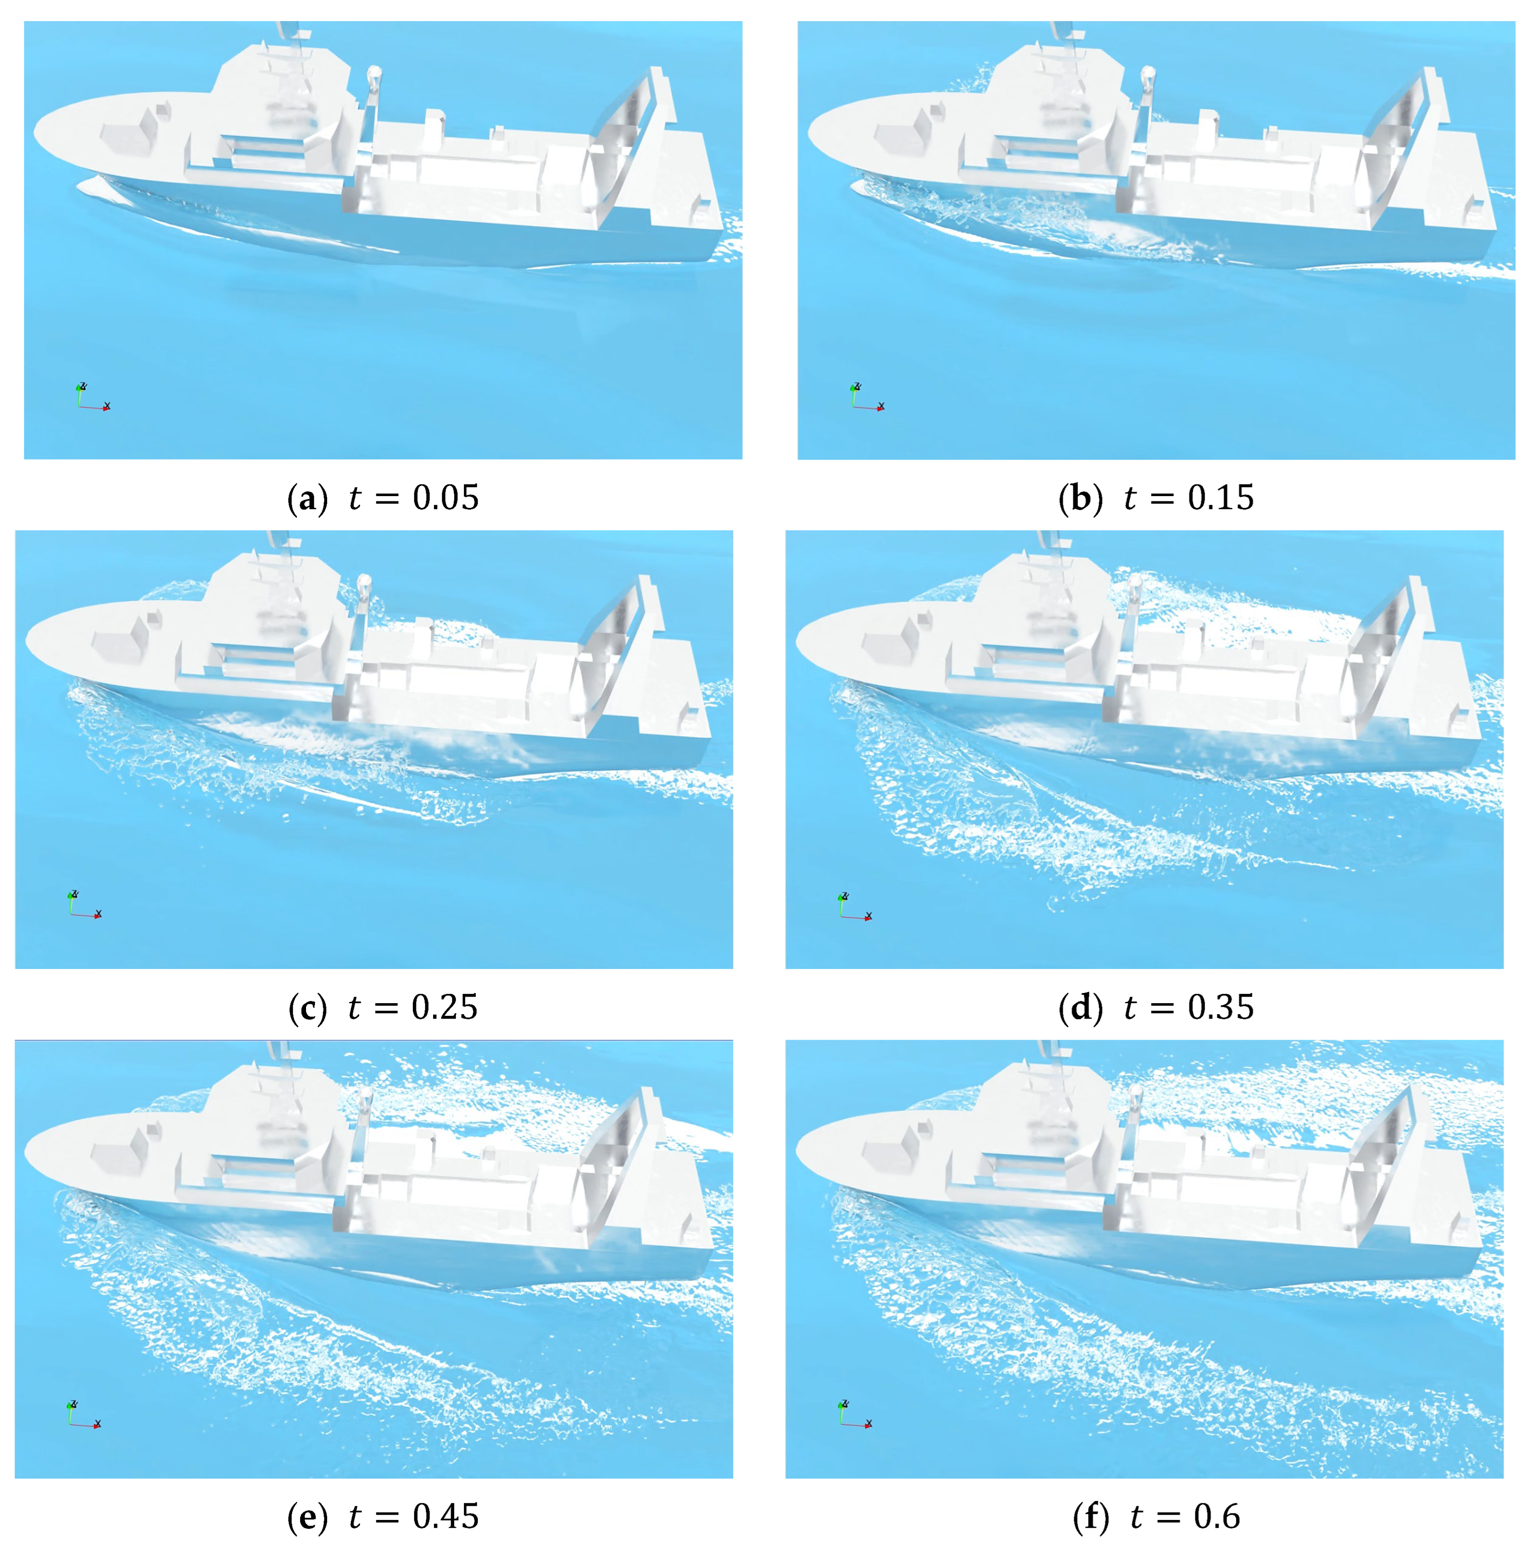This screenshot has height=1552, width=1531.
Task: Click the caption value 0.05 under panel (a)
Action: (x=445, y=498)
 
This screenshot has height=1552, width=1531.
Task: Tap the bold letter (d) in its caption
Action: (x=1080, y=1008)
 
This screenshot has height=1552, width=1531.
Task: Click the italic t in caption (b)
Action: (x=1130, y=498)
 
